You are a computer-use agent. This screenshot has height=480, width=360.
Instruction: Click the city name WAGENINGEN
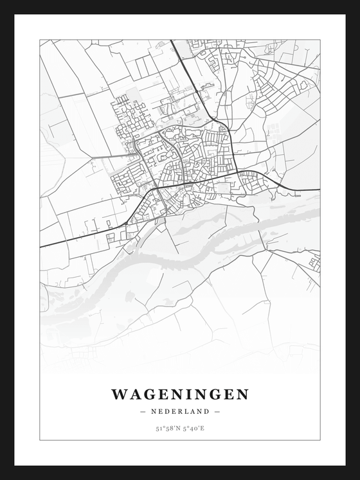179,394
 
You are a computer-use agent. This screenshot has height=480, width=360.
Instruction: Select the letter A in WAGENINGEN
132,394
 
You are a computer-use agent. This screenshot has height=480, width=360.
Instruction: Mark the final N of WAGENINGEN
242,394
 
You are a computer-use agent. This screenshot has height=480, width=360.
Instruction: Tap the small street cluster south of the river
314,262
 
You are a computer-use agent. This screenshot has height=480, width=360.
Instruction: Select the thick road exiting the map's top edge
172,42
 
